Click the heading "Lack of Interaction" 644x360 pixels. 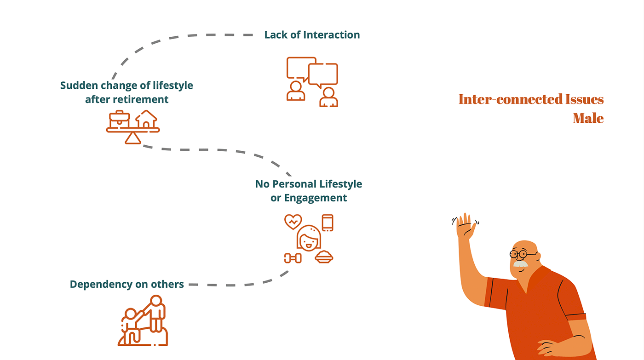point(312,35)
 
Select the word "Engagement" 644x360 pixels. point(315,198)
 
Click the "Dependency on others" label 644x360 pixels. point(126,285)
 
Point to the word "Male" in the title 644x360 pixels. point(588,119)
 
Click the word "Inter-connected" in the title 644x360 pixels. point(511,99)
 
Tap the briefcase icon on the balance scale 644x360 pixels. point(120,119)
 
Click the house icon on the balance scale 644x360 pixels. point(146,119)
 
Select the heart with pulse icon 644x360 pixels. point(293,222)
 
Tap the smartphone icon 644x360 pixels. point(328,223)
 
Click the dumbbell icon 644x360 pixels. point(293,258)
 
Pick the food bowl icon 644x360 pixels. point(324,257)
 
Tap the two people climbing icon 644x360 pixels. point(143,320)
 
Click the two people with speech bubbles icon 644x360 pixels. point(312,81)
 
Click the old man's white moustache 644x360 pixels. point(520,264)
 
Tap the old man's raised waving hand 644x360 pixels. point(466,226)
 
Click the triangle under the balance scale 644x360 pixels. point(132,138)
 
